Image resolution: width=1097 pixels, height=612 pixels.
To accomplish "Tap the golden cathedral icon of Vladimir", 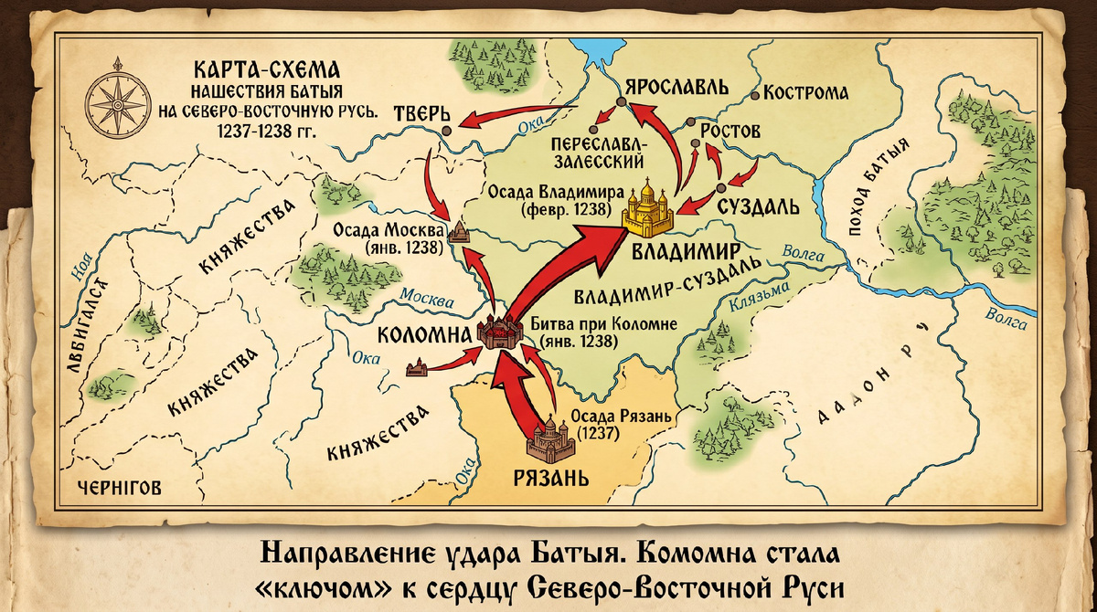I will pyautogui.click(x=648, y=208).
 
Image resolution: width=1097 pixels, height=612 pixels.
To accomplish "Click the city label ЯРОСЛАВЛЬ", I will pyautogui.click(x=676, y=88).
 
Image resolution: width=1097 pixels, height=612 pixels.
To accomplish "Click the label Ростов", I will pyautogui.click(x=730, y=132).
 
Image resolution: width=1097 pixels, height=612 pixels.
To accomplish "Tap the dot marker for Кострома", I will pyautogui.click(x=755, y=94).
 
